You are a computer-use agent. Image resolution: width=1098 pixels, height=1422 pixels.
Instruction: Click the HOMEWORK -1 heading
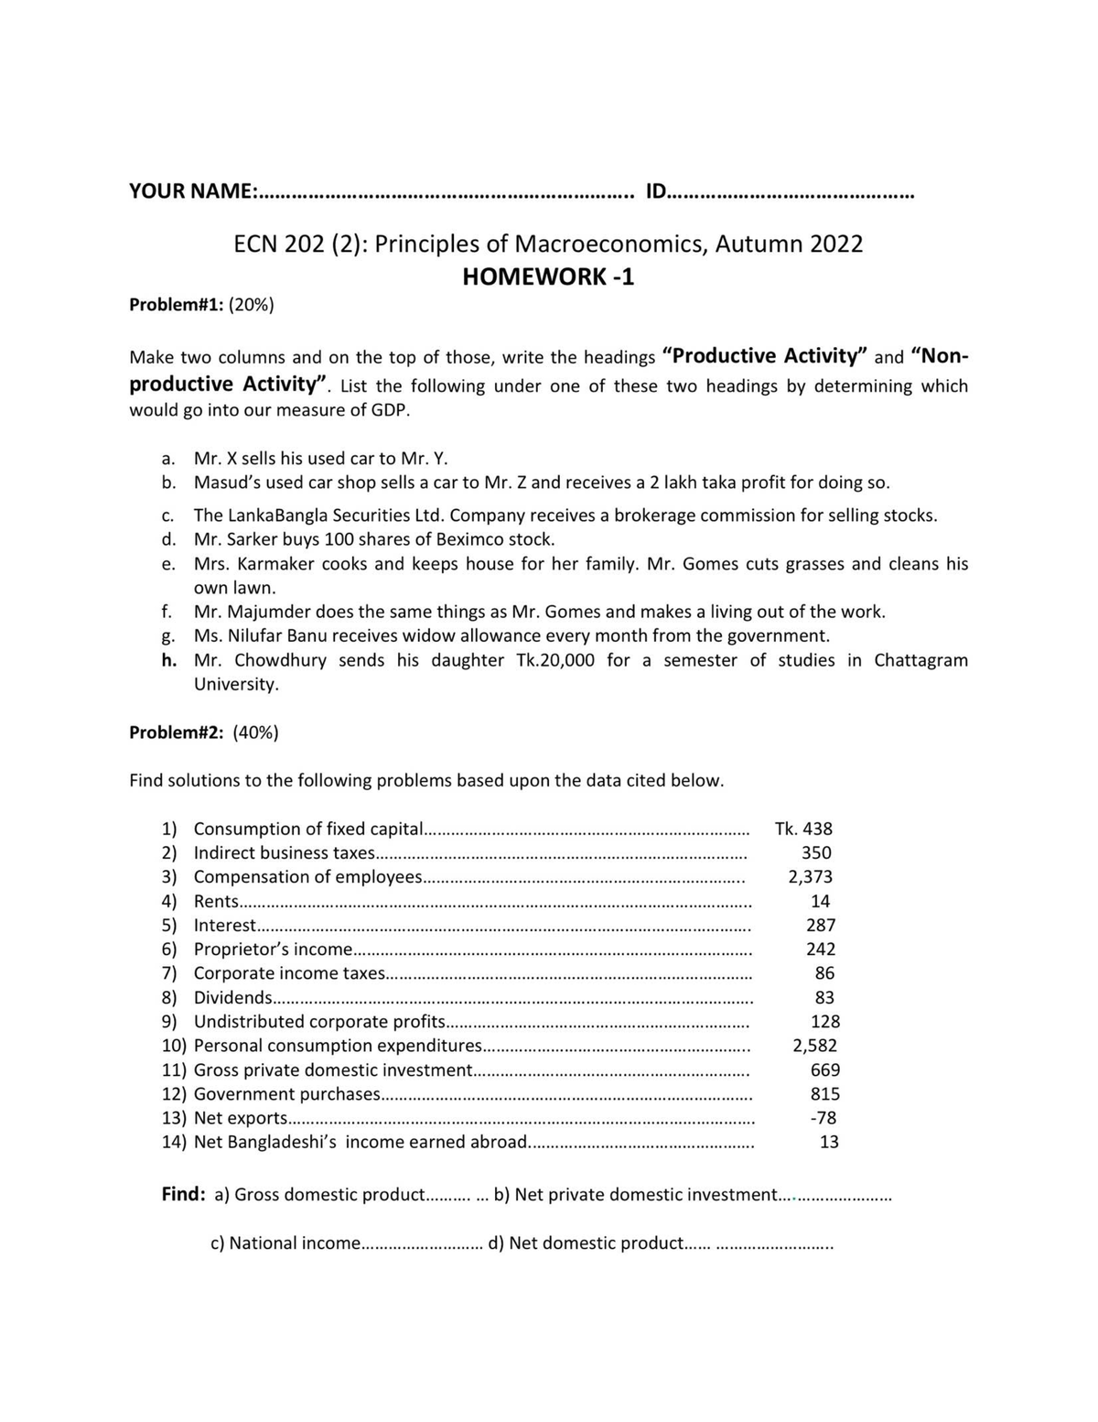(548, 277)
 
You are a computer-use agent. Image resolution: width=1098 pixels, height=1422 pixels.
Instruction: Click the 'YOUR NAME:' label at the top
(193, 191)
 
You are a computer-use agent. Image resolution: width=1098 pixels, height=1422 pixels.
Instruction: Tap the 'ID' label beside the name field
(656, 191)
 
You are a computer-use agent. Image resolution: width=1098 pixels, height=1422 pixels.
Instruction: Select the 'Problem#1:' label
(176, 305)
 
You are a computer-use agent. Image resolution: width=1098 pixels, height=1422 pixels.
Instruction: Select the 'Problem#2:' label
(176, 733)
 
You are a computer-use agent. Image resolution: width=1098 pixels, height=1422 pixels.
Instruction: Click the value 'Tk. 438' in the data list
(803, 829)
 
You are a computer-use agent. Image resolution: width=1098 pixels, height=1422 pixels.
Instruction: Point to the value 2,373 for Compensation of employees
(810, 877)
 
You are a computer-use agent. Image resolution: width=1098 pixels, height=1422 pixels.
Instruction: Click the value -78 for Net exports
(823, 1118)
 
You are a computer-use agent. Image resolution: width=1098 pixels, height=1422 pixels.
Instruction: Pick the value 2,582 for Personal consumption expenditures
(814, 1046)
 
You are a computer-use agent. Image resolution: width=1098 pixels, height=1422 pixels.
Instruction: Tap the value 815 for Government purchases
(824, 1094)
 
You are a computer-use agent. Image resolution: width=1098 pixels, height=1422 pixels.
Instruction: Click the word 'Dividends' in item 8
(232, 998)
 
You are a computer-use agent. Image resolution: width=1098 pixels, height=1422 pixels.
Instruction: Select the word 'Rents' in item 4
(216, 902)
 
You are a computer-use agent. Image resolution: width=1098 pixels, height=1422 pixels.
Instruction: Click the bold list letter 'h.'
(169, 660)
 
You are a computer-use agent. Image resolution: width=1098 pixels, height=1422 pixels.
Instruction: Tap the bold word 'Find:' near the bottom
(183, 1194)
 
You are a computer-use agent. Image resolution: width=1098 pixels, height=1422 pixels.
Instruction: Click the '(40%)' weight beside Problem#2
(255, 733)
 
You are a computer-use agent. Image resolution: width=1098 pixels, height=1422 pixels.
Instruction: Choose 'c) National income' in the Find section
(285, 1243)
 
